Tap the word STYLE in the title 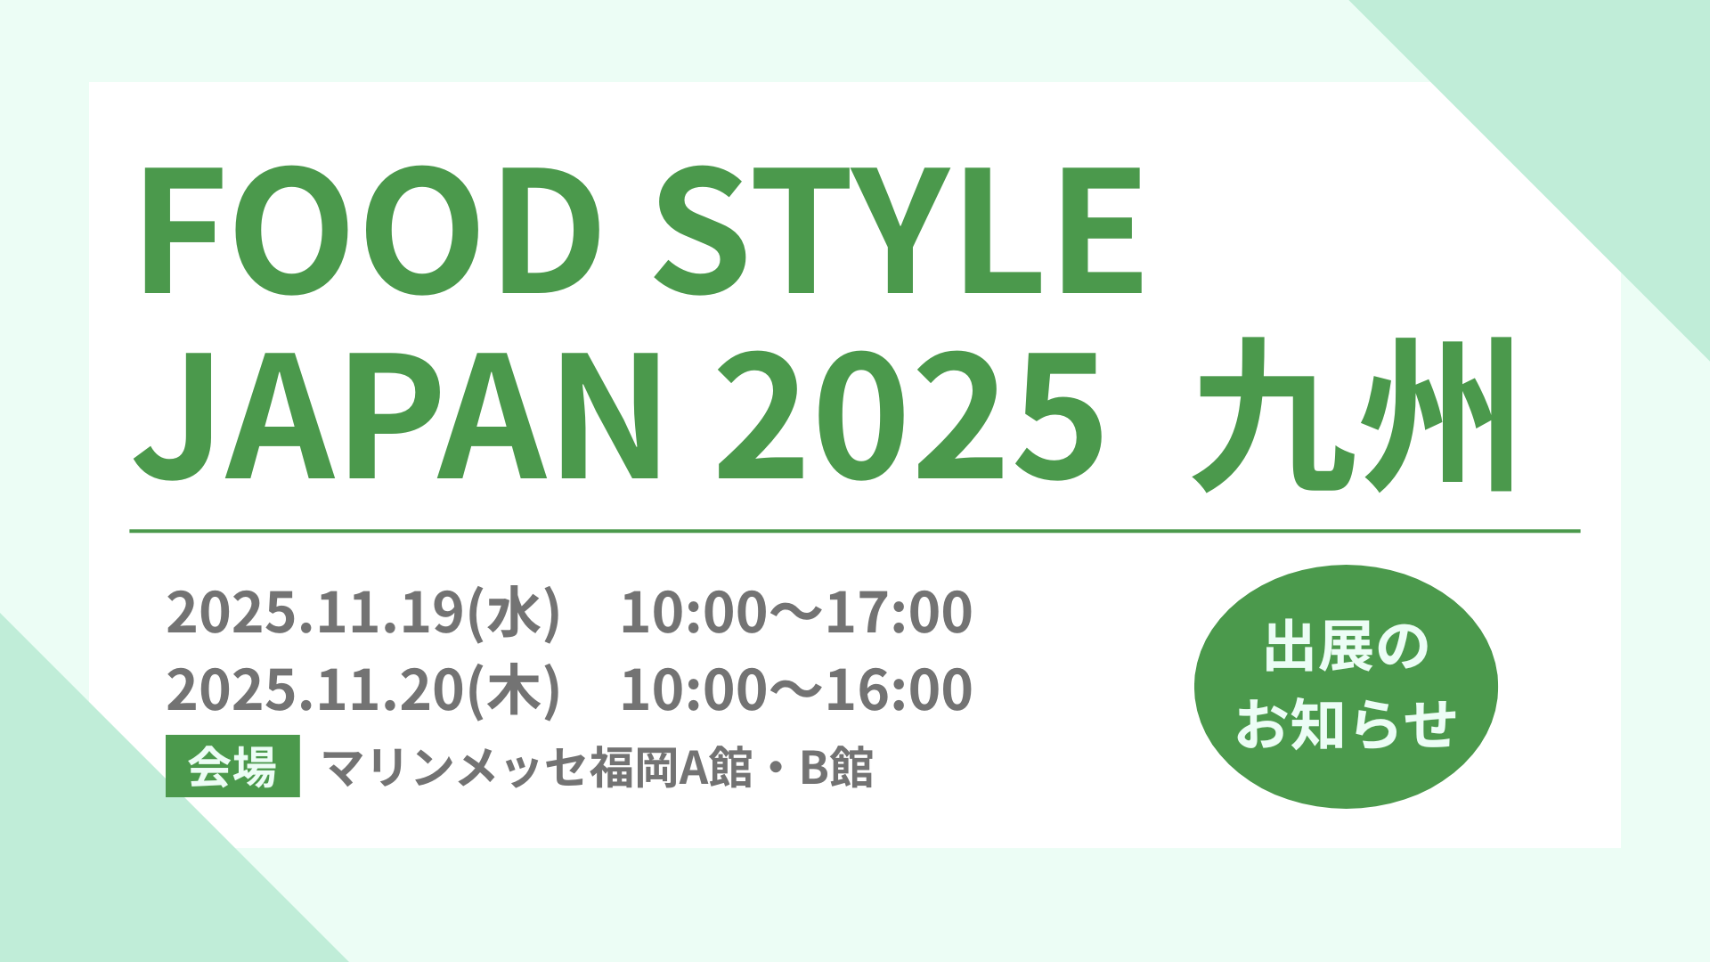coord(899,230)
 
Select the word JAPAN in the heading coord(397,414)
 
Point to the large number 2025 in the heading coord(910,414)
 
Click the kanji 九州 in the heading coord(1353,414)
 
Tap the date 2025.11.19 coord(315,613)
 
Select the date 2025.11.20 coord(315,690)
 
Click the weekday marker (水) coord(514,614)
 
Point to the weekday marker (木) coord(514,691)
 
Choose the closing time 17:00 coord(899,613)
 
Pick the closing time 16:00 coord(899,690)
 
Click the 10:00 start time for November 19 coord(693,613)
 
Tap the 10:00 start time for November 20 coord(693,690)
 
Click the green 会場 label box coord(232,766)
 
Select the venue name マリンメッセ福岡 coord(500,767)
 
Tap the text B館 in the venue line coord(836,767)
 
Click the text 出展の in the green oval coord(1346,648)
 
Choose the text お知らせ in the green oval coord(1346,723)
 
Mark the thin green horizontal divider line coord(855,531)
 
